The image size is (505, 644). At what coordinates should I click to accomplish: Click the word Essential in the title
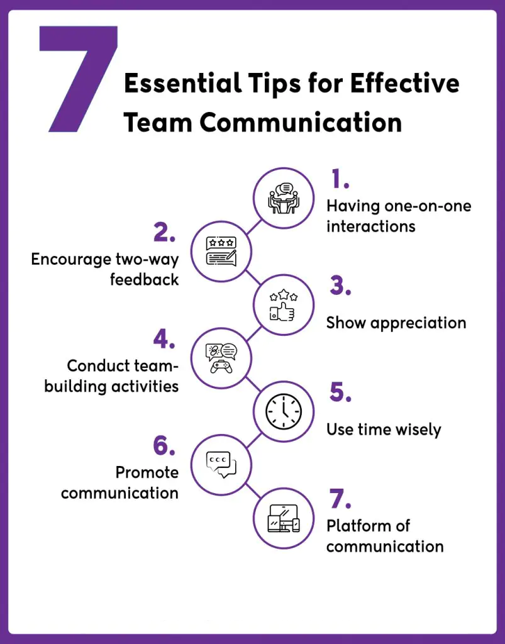177,84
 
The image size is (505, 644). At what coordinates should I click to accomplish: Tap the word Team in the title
155,121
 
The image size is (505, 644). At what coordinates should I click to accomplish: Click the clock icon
284,413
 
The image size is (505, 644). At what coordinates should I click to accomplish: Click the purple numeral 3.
340,287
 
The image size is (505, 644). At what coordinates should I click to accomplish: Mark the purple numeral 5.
340,393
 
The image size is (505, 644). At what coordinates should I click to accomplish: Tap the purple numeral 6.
164,446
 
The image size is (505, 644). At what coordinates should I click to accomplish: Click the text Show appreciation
396,323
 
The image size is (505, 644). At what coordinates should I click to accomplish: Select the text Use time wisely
384,430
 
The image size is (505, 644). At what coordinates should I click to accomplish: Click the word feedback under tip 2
144,279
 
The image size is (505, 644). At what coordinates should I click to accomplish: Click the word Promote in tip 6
147,472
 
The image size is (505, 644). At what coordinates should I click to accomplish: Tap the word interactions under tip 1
370,226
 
